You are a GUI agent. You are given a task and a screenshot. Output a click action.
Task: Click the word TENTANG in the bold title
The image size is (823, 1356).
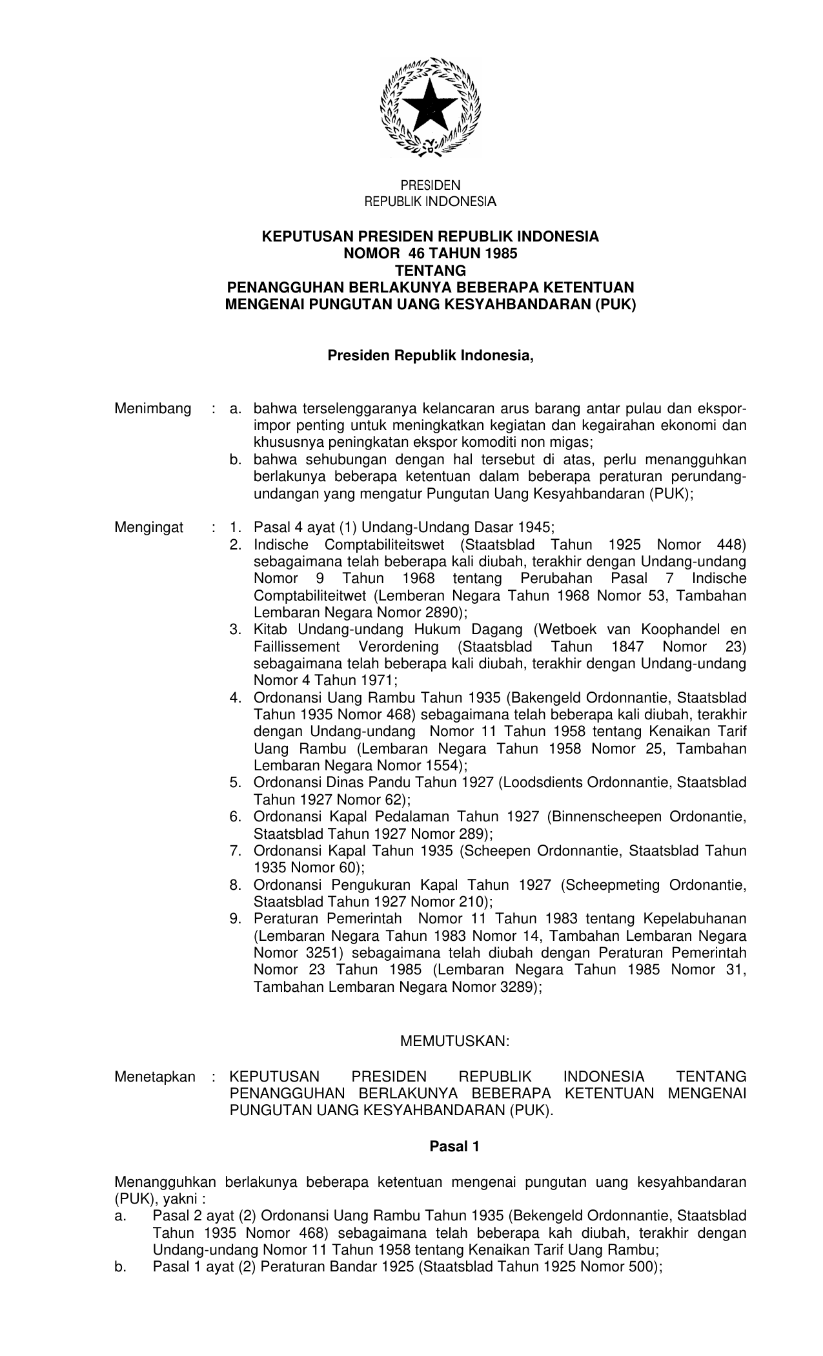click(x=430, y=271)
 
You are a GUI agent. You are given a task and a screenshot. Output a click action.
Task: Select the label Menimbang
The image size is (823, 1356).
click(x=153, y=409)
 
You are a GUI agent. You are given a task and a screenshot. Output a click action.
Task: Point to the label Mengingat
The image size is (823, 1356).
click(x=149, y=528)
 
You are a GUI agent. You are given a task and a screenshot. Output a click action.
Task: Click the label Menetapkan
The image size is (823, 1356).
click(x=155, y=1076)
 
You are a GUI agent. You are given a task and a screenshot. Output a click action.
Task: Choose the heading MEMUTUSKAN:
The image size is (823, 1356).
click(x=455, y=1041)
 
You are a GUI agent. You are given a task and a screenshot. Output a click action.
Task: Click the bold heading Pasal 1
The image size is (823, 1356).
click(x=454, y=1147)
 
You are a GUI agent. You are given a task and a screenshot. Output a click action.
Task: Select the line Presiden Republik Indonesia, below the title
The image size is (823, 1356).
click(x=431, y=356)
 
